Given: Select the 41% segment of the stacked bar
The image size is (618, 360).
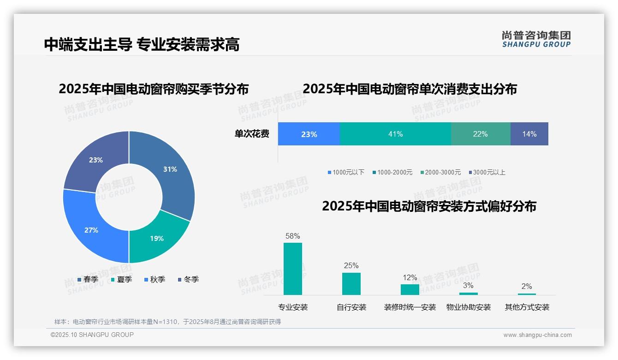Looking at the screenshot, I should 395,134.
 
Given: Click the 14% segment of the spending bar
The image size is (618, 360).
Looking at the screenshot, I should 529,134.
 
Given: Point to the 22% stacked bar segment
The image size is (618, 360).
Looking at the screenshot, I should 480,134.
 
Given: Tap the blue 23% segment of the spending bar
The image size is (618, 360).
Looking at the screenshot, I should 309,134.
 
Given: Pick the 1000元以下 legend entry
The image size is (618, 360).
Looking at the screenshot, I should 346,172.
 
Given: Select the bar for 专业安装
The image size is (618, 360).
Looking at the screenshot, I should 293,269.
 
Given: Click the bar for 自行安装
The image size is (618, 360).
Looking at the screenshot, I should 351,283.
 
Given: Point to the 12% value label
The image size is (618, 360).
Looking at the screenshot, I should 410,278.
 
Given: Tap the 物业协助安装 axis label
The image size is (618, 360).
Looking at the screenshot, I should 469,307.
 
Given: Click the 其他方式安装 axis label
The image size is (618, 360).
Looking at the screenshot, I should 527,307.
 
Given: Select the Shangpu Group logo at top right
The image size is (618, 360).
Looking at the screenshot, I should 536,39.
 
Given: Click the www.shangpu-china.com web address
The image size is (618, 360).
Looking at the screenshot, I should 537,335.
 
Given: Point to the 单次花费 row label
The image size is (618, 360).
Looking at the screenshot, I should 252,134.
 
